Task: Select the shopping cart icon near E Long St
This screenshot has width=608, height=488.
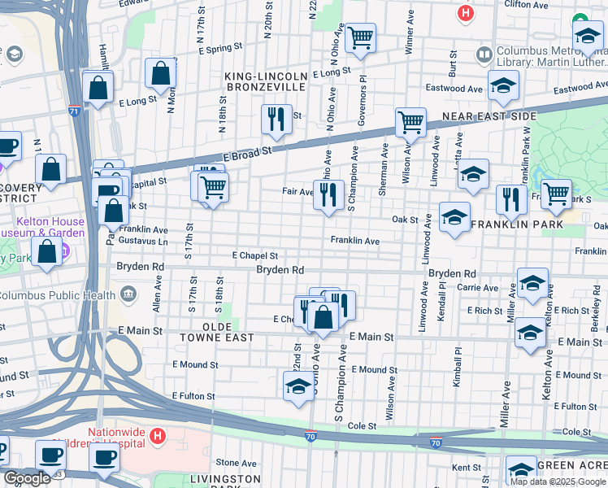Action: tap(360, 37)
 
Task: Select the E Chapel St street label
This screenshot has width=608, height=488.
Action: tap(254, 255)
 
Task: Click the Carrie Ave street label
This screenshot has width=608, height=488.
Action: tap(479, 288)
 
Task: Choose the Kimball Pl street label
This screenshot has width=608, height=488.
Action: tap(458, 373)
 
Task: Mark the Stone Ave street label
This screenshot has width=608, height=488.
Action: tap(236, 463)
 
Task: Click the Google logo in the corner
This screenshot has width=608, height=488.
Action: tap(28, 478)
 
